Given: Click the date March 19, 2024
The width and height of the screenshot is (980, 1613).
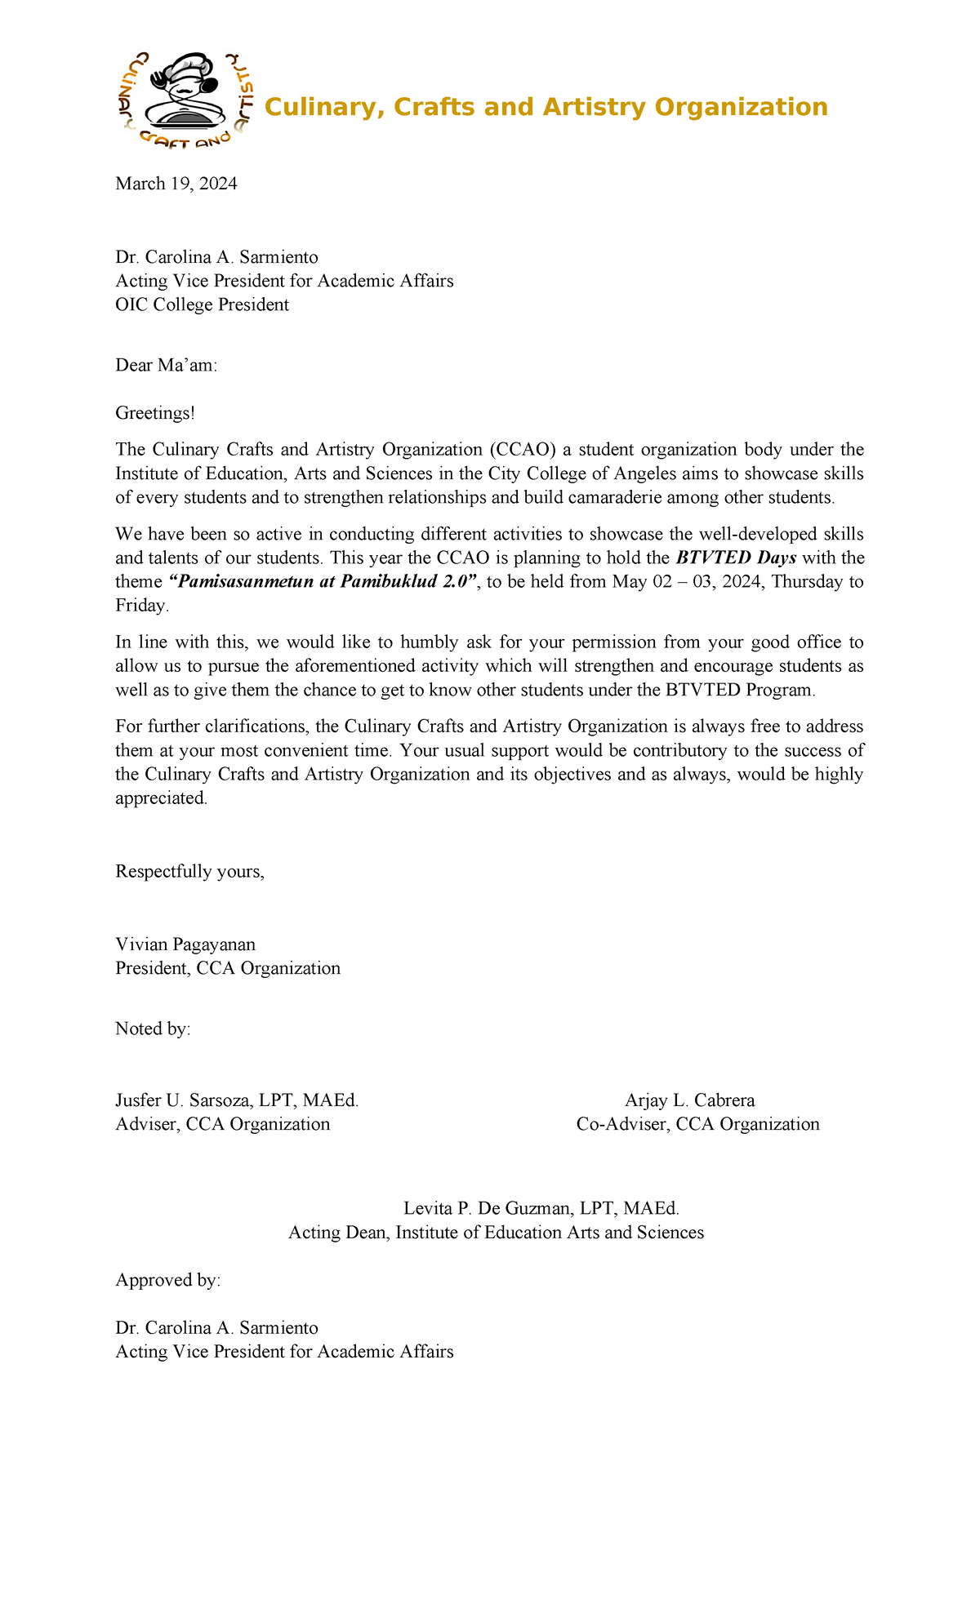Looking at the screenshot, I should (176, 184).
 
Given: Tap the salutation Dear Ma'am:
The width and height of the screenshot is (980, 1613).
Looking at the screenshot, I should (167, 365).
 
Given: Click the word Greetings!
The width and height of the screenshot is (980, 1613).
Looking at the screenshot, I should (155, 413).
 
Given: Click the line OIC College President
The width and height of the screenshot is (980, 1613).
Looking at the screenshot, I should (202, 305).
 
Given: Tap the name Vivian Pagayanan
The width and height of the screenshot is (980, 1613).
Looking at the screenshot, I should (185, 944).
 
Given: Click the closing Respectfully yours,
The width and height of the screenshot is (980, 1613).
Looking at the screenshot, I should (189, 872).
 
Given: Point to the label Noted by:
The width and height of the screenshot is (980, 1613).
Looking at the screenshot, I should (153, 1029).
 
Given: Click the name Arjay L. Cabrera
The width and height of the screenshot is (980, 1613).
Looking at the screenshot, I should (689, 1100).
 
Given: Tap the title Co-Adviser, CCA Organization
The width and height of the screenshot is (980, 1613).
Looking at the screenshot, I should (697, 1124).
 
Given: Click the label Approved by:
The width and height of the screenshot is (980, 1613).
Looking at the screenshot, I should (167, 1280).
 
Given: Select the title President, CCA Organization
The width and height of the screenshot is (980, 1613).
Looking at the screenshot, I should (228, 969).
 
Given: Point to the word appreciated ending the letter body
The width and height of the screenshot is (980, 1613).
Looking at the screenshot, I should (160, 798).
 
